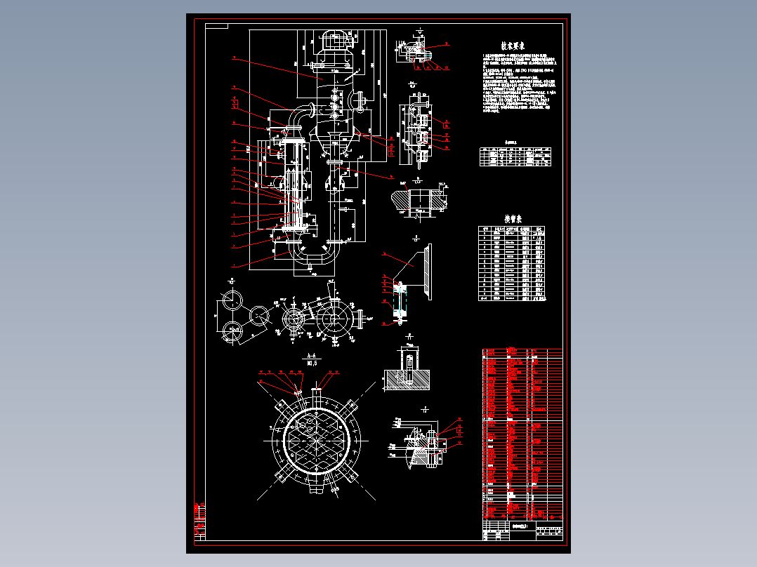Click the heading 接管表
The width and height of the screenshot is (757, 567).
[514, 218]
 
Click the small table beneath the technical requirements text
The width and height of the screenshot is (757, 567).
[515, 156]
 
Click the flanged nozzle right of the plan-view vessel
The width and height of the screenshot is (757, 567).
[360, 319]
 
